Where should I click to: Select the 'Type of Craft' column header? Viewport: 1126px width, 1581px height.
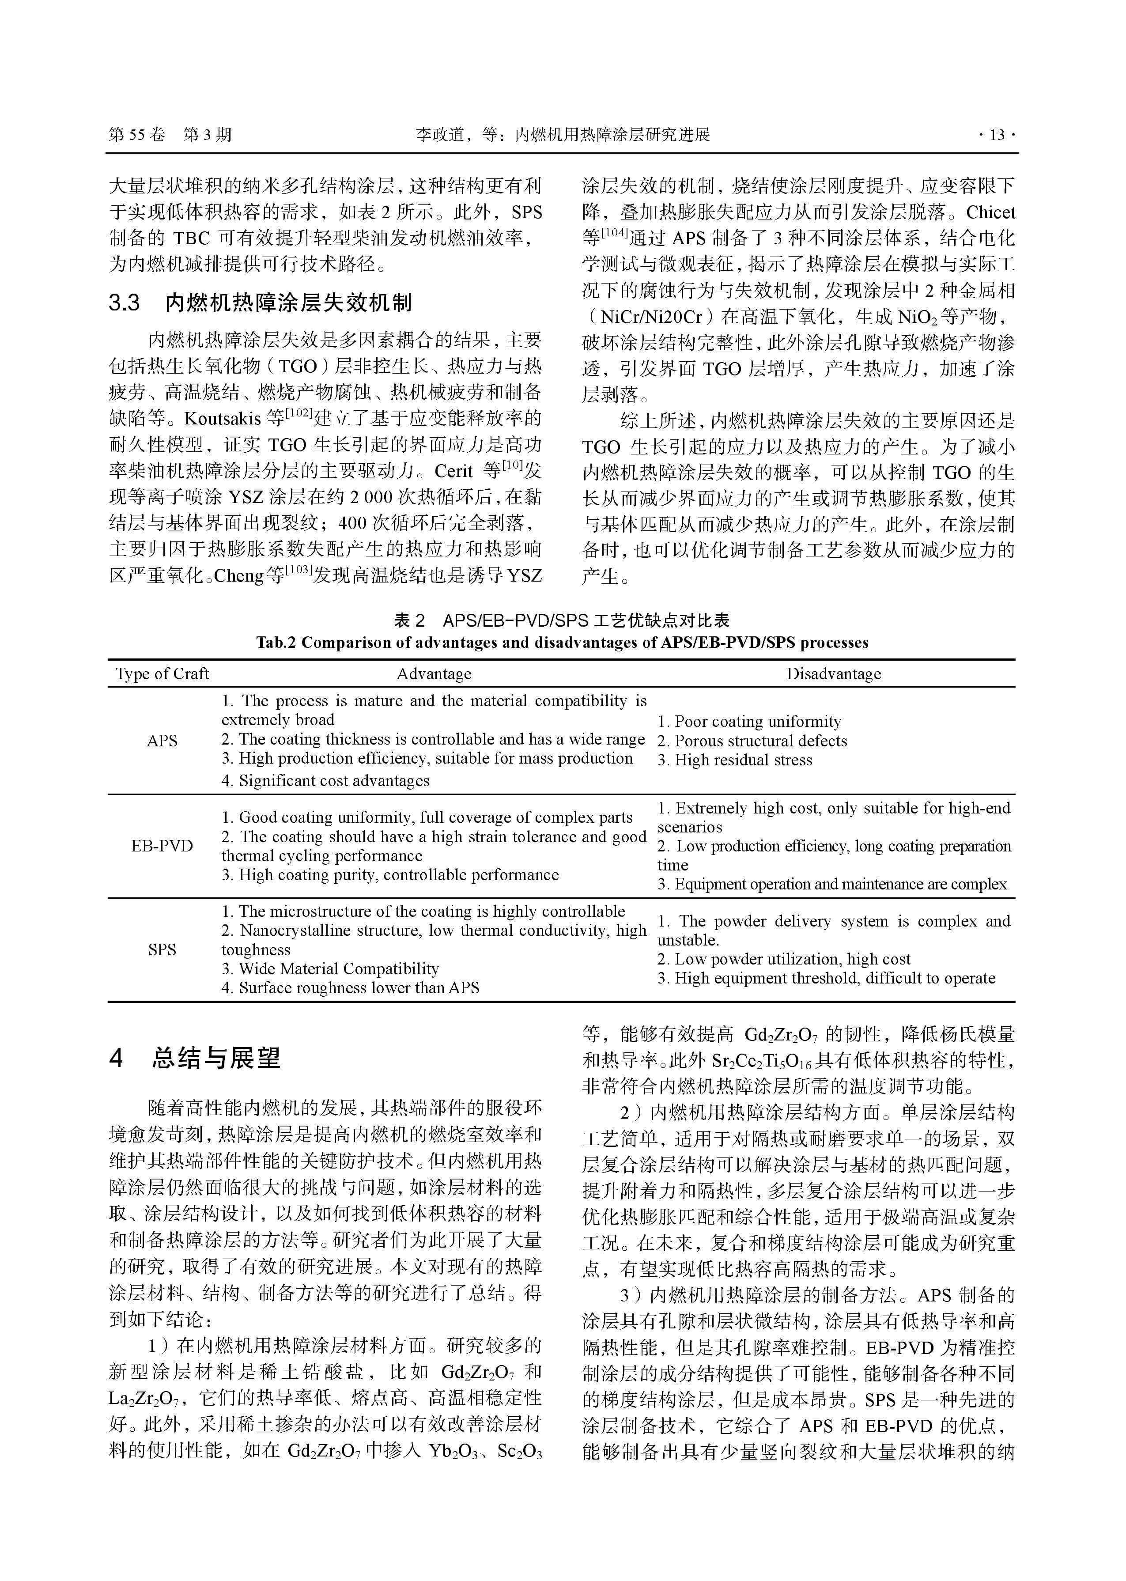pyautogui.click(x=162, y=674)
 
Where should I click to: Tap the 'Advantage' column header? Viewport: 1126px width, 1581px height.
pyautogui.click(x=434, y=674)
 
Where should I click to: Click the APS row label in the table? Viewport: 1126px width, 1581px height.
pyautogui.click(x=162, y=741)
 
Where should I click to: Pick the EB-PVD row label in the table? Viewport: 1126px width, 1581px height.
pyautogui.click(x=162, y=846)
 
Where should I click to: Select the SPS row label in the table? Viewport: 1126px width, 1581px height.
pyautogui.click(x=162, y=950)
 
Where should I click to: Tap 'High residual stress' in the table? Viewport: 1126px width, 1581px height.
pyautogui.click(x=743, y=760)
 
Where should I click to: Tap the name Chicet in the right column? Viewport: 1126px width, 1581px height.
pyautogui.click(x=990, y=212)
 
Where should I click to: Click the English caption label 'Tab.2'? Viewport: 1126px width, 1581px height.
pyautogui.click(x=275, y=643)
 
